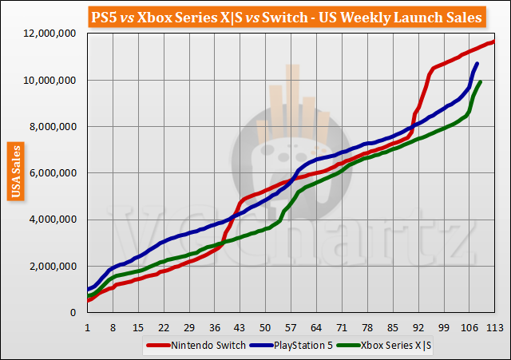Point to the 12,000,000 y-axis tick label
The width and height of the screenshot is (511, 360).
point(50,34)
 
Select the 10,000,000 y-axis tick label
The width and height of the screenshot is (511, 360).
point(50,80)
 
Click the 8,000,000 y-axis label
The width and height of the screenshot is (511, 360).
point(53,126)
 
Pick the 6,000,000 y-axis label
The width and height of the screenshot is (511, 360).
point(53,173)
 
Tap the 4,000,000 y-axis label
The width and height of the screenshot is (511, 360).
point(53,220)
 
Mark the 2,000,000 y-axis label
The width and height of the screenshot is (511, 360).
point(53,266)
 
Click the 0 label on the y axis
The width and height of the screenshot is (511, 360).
point(73,313)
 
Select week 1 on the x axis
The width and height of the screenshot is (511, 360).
point(87,327)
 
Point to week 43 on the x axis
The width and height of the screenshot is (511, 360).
point(240,327)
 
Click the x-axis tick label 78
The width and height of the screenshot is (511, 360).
point(366,327)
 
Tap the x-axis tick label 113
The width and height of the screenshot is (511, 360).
point(493,327)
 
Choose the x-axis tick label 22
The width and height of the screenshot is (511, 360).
point(163,327)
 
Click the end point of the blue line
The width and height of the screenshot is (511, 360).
point(477,64)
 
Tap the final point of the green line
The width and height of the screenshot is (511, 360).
point(480,81)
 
